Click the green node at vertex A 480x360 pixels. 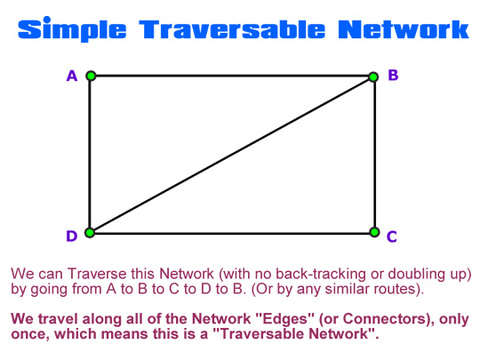91,76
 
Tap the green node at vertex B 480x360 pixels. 373,77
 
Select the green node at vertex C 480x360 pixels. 374,232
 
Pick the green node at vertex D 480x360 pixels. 90,233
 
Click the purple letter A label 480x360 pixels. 72,76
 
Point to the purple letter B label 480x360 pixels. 393,75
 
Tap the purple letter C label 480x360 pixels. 391,236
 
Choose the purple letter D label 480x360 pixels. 72,236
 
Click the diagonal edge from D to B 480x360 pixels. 231,155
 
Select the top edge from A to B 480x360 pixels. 232,76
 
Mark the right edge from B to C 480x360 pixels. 374,155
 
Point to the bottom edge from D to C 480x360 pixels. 232,233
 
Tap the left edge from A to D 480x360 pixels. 90,154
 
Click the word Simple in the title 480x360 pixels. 72,29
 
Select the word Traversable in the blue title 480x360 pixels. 232,29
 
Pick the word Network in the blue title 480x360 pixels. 404,29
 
